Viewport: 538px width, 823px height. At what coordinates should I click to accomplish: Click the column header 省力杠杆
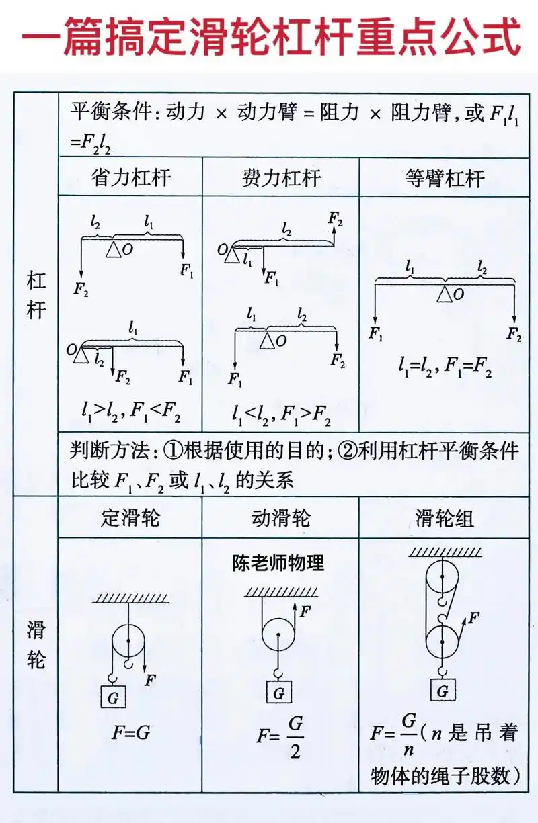130,177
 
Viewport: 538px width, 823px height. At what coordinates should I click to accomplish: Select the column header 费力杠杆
281,177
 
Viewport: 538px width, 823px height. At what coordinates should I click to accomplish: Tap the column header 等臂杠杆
445,177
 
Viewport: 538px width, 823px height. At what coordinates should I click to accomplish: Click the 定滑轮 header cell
130,518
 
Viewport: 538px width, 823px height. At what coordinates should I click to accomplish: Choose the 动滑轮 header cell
281,518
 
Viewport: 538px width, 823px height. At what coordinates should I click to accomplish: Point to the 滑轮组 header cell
445,518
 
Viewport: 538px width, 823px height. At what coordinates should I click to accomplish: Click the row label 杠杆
36,296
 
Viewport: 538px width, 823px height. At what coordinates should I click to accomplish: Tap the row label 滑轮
36,645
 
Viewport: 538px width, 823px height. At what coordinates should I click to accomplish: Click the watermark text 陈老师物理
278,562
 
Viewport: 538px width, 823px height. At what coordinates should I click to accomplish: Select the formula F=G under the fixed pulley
130,732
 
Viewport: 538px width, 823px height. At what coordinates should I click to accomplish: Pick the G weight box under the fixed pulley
113,697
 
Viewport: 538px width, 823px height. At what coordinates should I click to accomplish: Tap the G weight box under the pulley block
443,690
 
